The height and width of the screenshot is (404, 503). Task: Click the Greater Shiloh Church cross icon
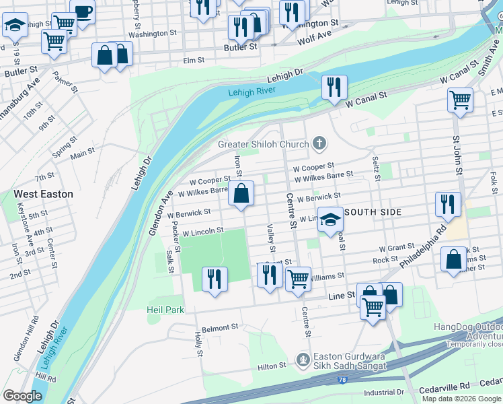tap(319, 144)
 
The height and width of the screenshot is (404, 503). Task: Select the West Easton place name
tap(43, 194)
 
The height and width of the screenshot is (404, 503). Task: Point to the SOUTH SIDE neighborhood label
tap(374, 212)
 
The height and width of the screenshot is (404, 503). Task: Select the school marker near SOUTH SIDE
tap(330, 220)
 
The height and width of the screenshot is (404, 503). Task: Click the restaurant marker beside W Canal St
tap(333, 88)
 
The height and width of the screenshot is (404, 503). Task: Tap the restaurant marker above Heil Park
tap(215, 279)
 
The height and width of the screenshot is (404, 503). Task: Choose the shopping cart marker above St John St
tap(460, 101)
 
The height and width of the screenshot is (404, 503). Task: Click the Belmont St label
tap(220, 328)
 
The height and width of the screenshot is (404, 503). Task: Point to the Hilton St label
tap(272, 366)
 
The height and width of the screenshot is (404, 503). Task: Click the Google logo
tap(23, 395)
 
